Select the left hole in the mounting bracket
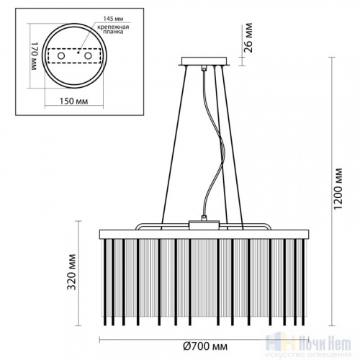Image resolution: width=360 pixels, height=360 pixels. pyautogui.click(x=62, y=55)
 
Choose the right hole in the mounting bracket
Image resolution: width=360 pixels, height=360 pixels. pyautogui.click(x=89, y=55)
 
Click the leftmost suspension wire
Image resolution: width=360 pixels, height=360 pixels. pyautogui.click(x=164, y=144)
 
